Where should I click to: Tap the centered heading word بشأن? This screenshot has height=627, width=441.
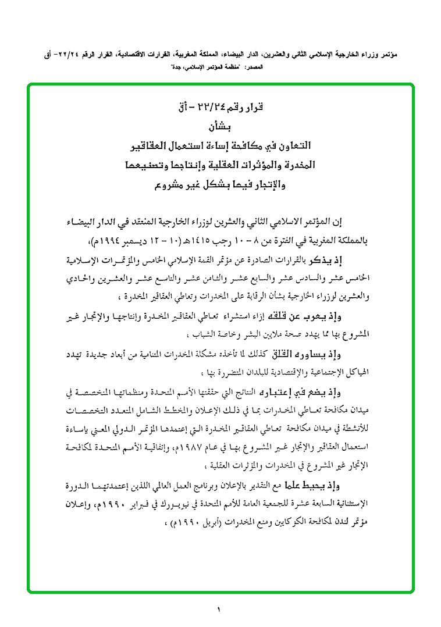[x=220, y=126]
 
